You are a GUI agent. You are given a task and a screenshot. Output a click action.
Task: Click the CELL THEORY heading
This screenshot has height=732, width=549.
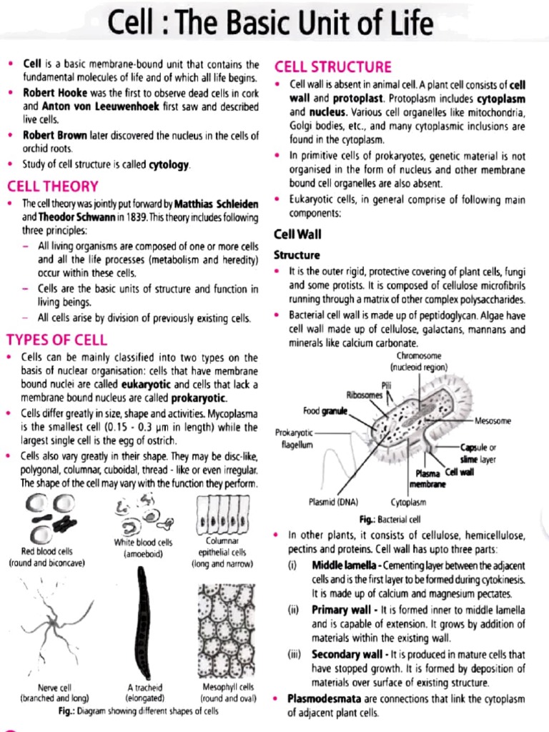[52, 187]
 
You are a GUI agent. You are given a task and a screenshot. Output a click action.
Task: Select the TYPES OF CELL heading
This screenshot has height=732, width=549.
[56, 339]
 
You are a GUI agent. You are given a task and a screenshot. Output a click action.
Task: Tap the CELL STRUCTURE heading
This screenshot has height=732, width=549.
[333, 67]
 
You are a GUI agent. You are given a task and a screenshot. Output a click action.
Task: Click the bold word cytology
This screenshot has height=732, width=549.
[169, 166]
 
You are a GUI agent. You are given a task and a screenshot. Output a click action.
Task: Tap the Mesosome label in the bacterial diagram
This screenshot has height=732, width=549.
[493, 421]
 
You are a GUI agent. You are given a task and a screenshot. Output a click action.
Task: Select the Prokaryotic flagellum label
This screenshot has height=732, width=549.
[295, 438]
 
